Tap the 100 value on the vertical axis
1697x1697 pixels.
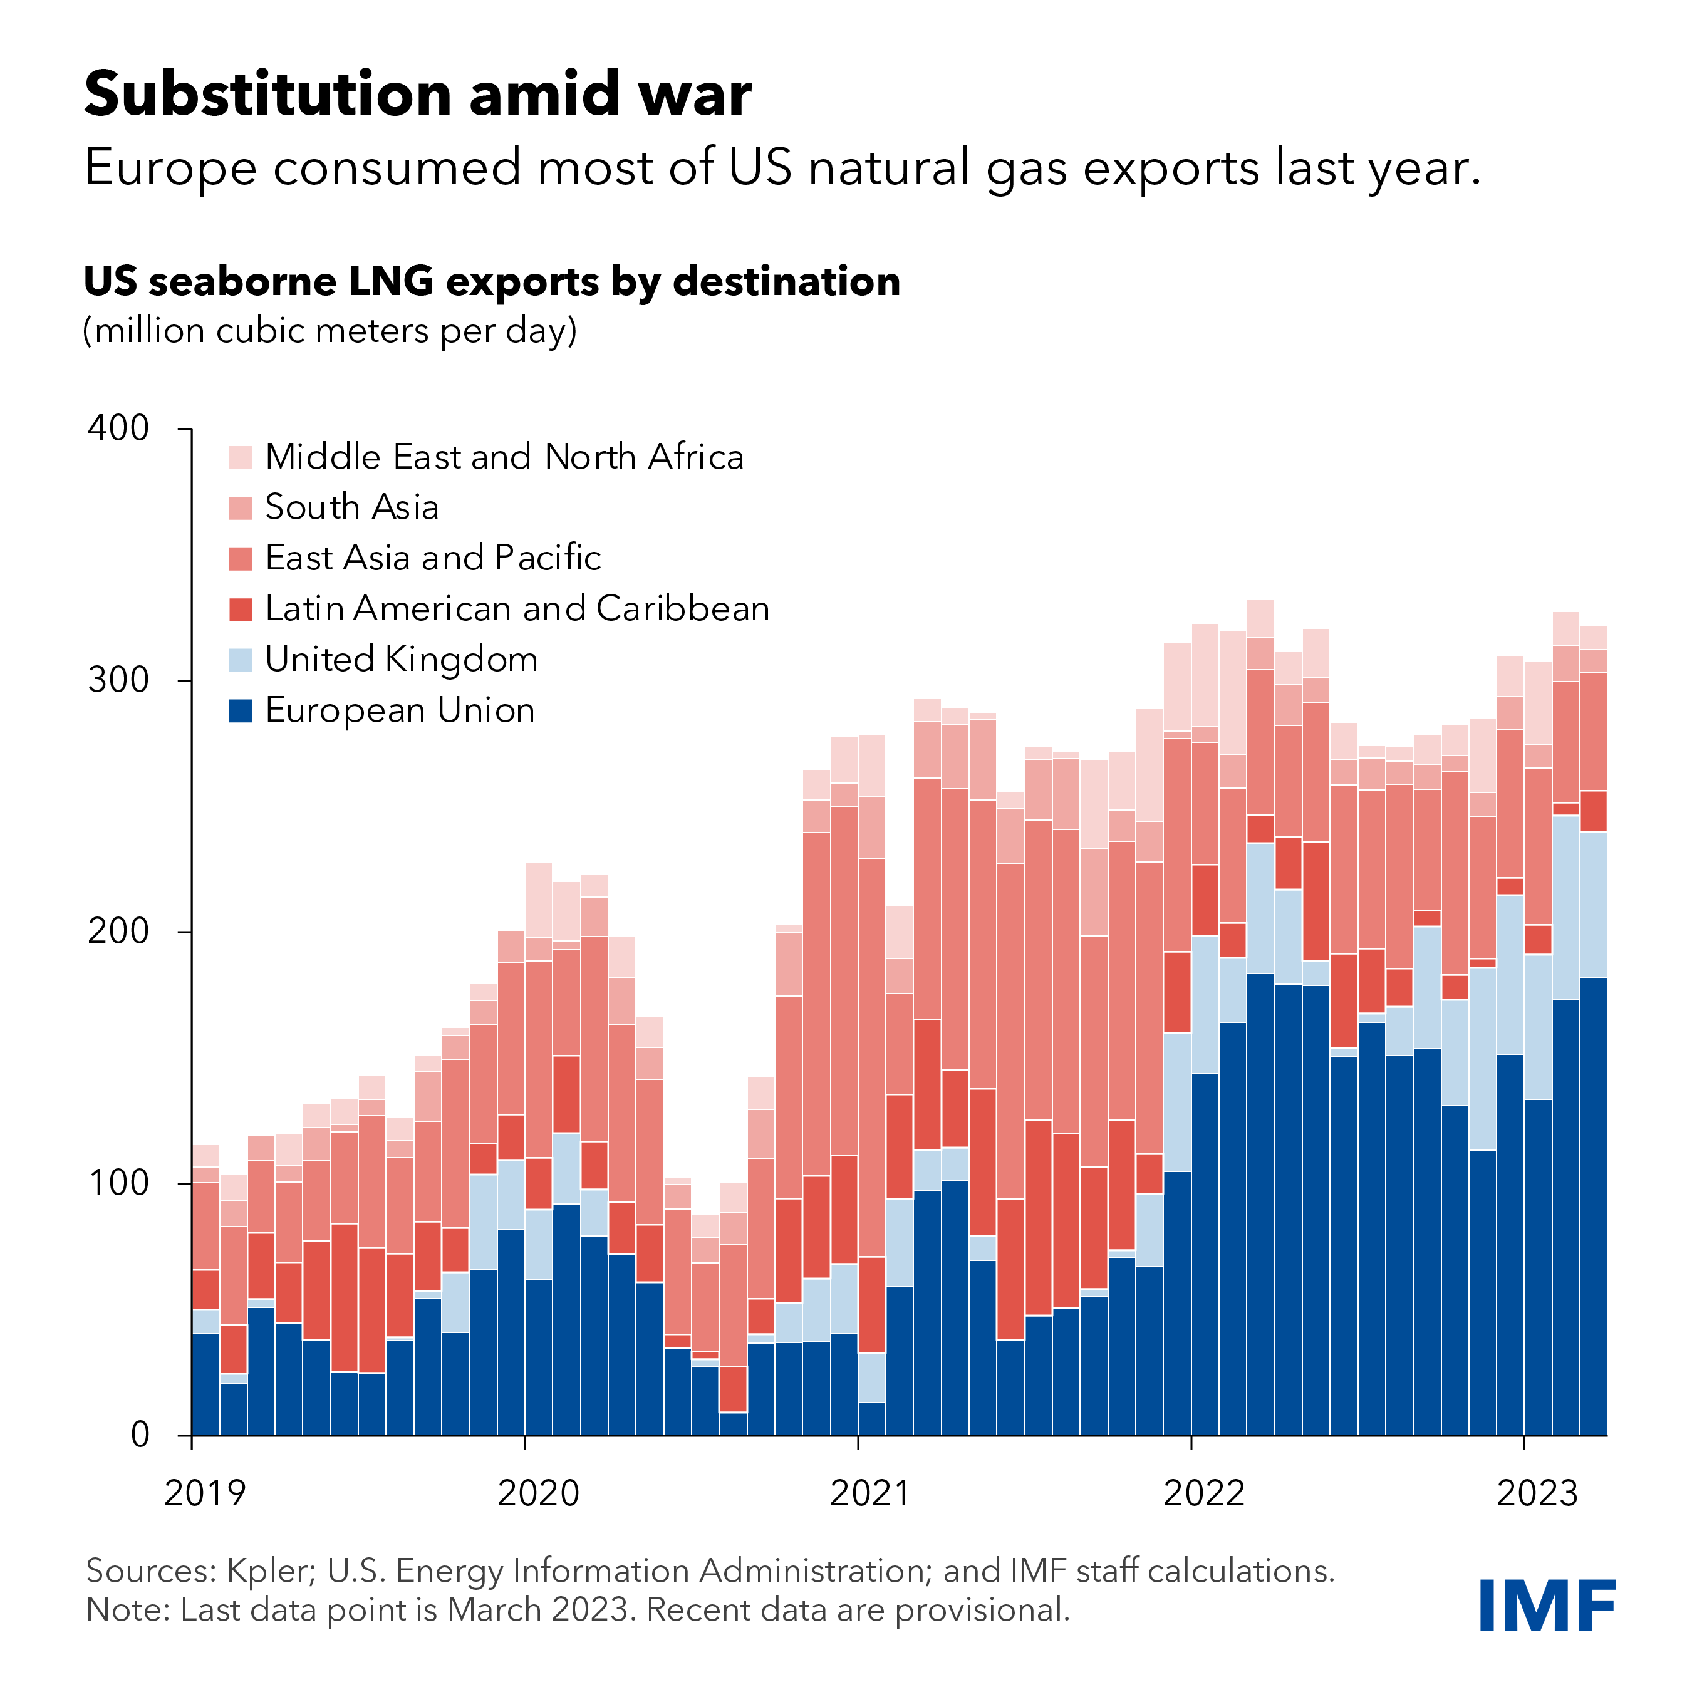[118, 1182]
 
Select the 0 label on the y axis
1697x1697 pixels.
[140, 1435]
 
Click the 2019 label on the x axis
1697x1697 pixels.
[205, 1493]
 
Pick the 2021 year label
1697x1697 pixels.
[871, 1493]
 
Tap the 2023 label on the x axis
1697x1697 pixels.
[1537, 1493]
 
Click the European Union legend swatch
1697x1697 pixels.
[241, 710]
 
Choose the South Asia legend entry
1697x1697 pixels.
[351, 507]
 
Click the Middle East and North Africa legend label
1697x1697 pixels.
[504, 457]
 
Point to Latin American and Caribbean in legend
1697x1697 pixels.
[517, 609]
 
